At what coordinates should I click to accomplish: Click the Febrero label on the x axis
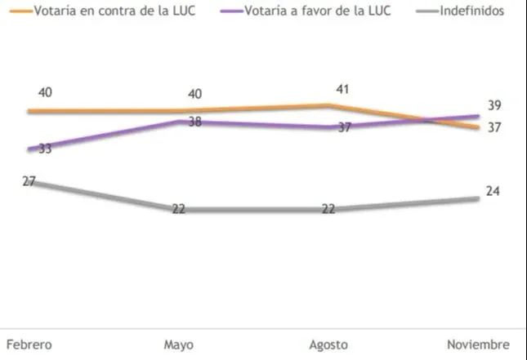(x=29, y=344)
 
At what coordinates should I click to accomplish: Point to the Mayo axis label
(x=178, y=344)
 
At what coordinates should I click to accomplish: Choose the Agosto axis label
(x=328, y=344)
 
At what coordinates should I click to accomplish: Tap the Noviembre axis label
(x=479, y=344)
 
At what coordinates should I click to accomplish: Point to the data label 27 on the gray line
(x=29, y=181)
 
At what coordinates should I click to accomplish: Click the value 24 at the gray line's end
(x=492, y=191)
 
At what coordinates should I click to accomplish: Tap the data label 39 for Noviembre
(x=494, y=105)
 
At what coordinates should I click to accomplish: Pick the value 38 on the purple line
(x=194, y=122)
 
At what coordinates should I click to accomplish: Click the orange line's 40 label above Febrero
(x=45, y=92)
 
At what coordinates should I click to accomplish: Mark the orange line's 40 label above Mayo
(x=194, y=95)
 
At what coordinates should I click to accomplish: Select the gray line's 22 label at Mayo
(x=178, y=209)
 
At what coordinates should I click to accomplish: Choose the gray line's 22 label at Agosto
(x=328, y=209)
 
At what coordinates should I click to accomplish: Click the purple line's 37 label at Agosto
(x=343, y=128)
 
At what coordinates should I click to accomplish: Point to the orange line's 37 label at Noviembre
(x=494, y=127)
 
